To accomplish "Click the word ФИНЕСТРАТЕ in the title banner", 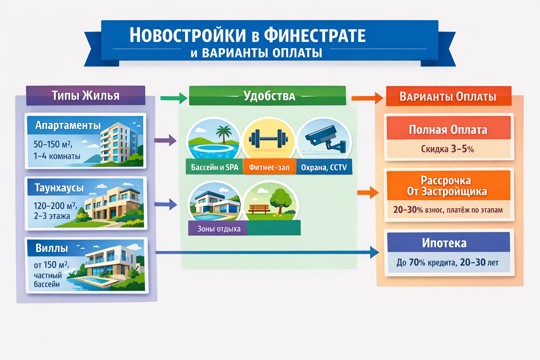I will click(x=315, y=36).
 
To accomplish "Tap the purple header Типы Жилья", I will click(x=85, y=95).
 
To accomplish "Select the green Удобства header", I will click(x=269, y=96).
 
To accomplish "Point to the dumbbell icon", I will click(x=269, y=138).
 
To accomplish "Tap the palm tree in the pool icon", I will click(x=223, y=134).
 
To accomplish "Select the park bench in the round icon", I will click(x=259, y=209).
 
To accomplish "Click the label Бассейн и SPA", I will click(x=214, y=167).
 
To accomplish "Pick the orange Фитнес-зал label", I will click(x=269, y=168).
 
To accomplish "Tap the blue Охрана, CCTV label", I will click(x=324, y=168).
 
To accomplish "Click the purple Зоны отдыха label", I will click(x=219, y=229).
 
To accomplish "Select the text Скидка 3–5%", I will click(x=447, y=149).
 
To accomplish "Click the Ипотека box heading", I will click(x=444, y=243).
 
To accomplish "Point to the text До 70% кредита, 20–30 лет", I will click(x=447, y=263).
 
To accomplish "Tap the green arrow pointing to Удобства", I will click(x=174, y=98).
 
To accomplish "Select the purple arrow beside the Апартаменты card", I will click(x=165, y=140).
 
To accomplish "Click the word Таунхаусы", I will click(x=59, y=188).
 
